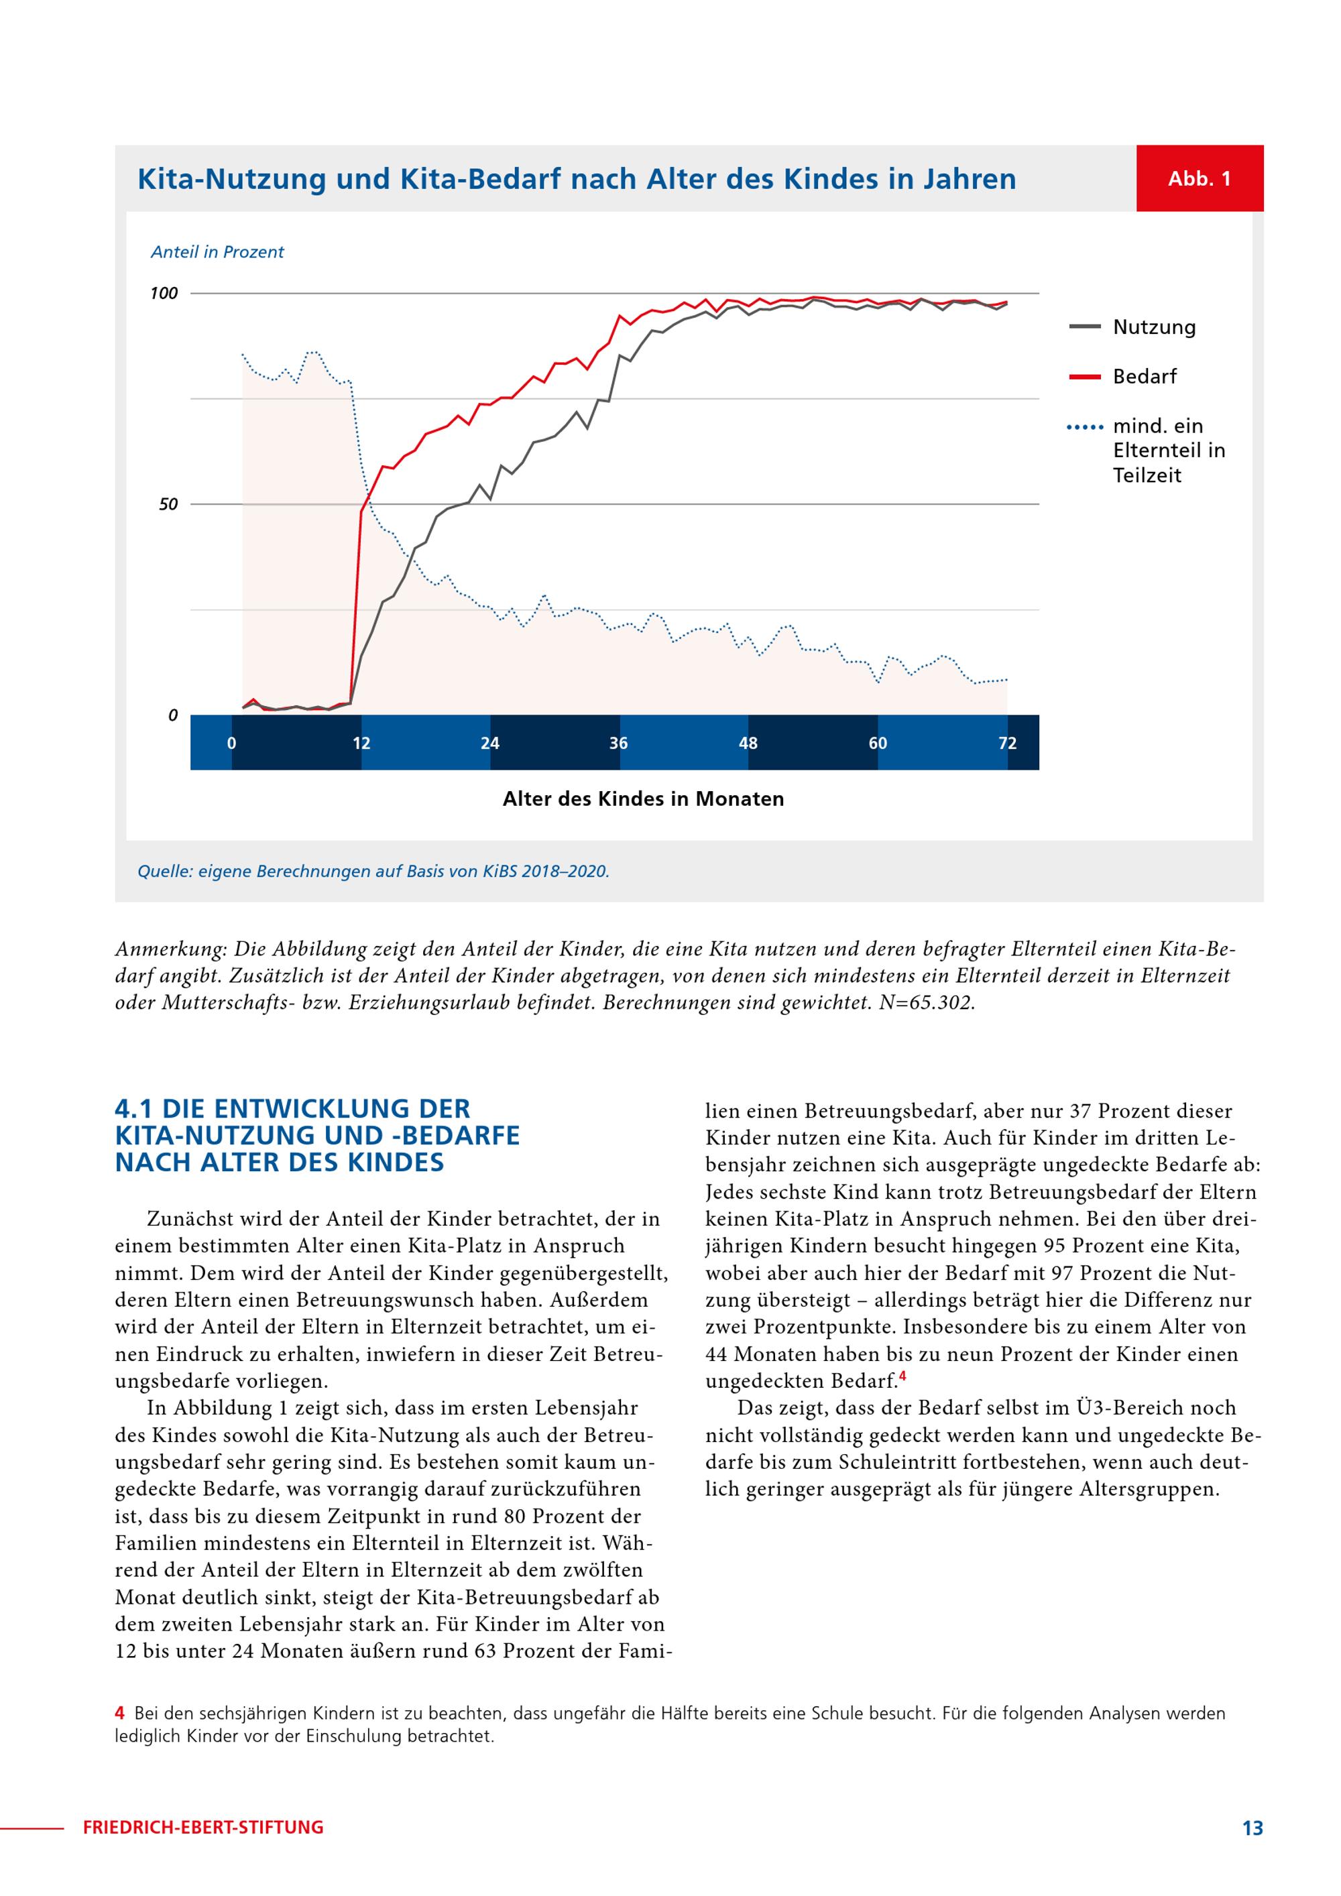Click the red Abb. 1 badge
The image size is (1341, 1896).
1199,178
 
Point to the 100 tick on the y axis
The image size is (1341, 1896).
164,293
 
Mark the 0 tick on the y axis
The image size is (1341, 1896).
172,715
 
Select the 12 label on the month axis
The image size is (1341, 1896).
361,744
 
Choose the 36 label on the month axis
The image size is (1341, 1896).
618,744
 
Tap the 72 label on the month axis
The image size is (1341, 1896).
1007,744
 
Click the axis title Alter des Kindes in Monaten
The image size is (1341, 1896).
643,798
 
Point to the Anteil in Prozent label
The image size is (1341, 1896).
217,252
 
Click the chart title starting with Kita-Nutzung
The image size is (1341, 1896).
577,179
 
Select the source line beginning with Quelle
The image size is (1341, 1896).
373,871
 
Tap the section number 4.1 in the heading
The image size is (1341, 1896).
135,1108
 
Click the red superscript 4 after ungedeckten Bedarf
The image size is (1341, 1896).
902,1376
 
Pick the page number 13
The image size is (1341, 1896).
1252,1828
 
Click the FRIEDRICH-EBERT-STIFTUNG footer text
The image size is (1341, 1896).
203,1828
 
